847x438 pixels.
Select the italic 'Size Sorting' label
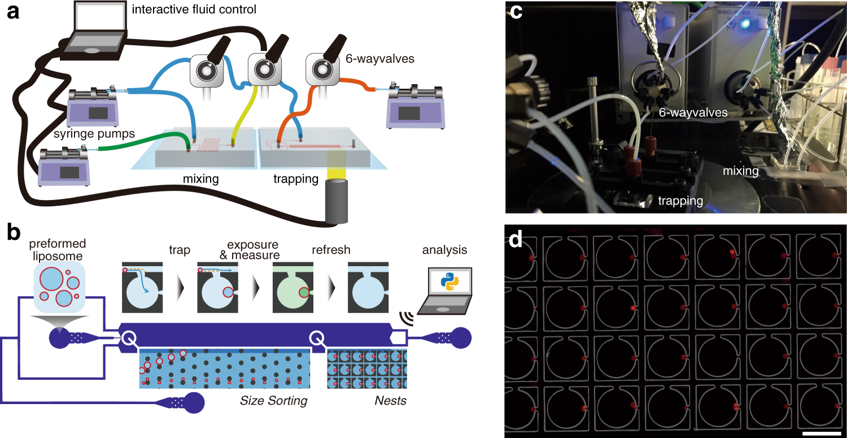274,401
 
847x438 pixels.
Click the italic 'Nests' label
390,401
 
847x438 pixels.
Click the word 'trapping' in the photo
680,200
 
